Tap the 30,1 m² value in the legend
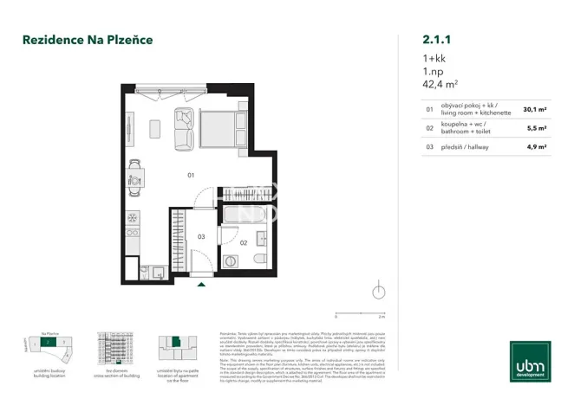pyautogui.click(x=534, y=110)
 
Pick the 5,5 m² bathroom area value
pyautogui.click(x=536, y=128)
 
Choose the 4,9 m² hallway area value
pyautogui.click(x=536, y=147)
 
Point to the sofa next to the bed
pyautogui.click(x=184, y=127)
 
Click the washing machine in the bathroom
pyautogui.click(x=232, y=260)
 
